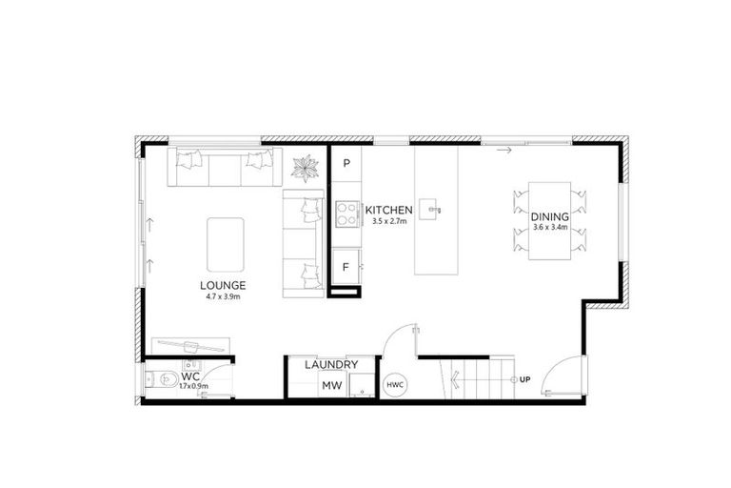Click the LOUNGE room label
[x=224, y=285]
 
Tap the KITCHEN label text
[x=388, y=210]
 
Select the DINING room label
[x=549, y=217]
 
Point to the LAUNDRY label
[x=331, y=365]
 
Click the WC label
[x=189, y=376]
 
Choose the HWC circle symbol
[x=394, y=385]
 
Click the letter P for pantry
[x=346, y=163]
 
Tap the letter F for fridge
[x=346, y=266]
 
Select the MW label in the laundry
[x=331, y=385]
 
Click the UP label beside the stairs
[x=524, y=380]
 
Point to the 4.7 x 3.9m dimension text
[x=224, y=296]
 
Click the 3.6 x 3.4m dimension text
[x=549, y=228]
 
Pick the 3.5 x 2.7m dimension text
[x=388, y=220]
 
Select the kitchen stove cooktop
[x=346, y=214]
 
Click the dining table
[x=550, y=218]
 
